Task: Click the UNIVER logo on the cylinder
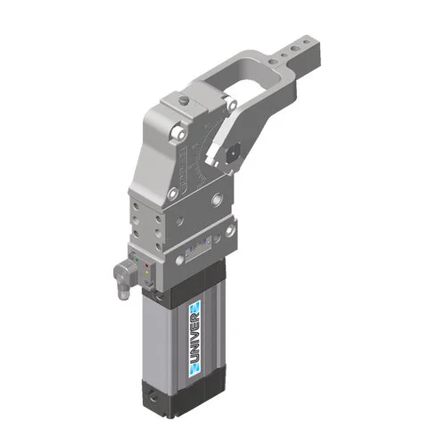pos(194,339)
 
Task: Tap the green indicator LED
pos(136,260)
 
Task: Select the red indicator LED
pos(146,265)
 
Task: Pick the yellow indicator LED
pos(146,272)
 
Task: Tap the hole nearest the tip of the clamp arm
pos(306,43)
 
